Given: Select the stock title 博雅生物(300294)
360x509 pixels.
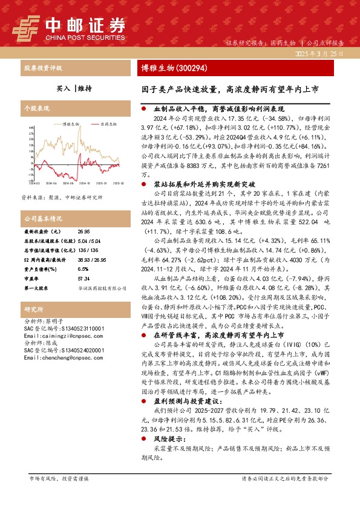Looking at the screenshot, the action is (167, 68).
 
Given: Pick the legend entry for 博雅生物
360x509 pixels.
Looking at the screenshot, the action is (70, 123).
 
